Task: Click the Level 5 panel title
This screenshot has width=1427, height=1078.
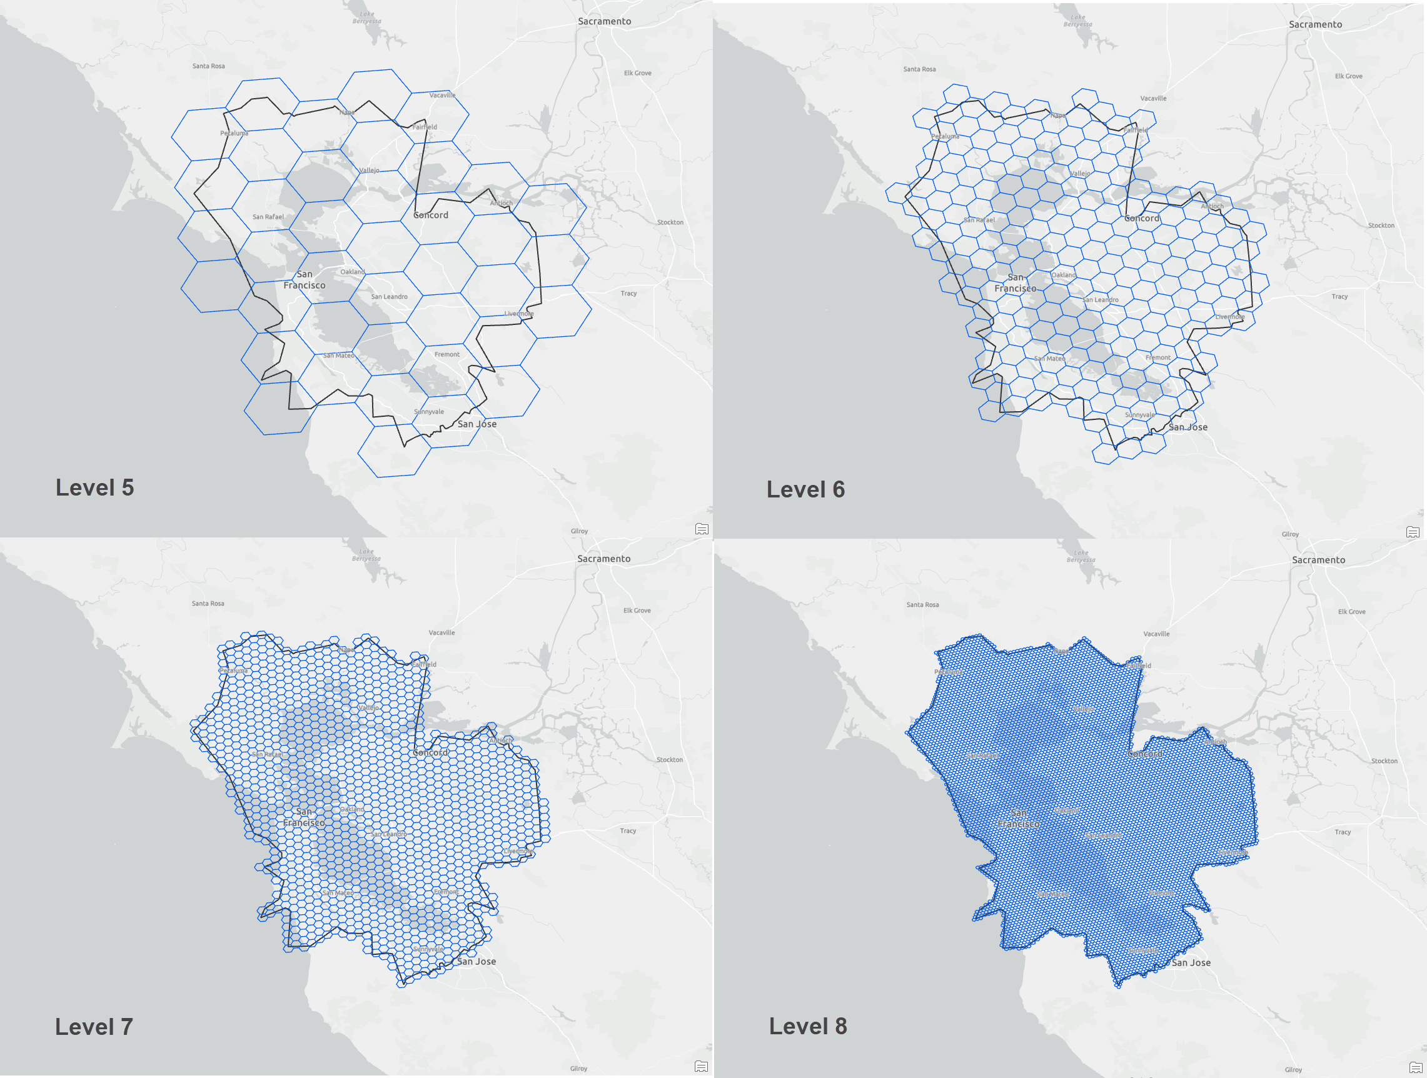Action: [95, 487]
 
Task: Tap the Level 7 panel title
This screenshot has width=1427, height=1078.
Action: [94, 1026]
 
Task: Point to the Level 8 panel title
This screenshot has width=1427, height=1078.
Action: [808, 1026]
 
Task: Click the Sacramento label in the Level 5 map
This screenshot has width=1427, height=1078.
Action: [605, 21]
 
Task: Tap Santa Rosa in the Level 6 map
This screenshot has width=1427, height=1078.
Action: [919, 69]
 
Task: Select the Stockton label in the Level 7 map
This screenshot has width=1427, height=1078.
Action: [670, 759]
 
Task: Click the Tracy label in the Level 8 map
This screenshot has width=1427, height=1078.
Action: [1343, 832]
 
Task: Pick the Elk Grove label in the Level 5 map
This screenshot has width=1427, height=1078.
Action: [637, 73]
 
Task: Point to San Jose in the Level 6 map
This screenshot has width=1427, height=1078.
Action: [1187, 427]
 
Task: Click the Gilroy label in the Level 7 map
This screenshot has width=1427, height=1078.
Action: [578, 1069]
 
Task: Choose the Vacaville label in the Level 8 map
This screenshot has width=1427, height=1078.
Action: [1156, 634]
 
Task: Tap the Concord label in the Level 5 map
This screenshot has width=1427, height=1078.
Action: [431, 216]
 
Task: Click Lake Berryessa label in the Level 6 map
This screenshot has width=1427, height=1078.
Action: [1078, 21]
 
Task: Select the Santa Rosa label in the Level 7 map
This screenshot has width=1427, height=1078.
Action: [208, 604]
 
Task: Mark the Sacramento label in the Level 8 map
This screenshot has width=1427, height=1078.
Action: [1319, 560]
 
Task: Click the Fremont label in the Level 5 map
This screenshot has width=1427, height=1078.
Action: [447, 354]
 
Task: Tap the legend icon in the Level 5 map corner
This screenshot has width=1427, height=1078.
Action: [702, 529]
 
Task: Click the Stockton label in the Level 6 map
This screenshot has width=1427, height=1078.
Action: [1381, 225]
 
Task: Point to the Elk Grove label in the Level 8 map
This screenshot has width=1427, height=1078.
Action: [1351, 611]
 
